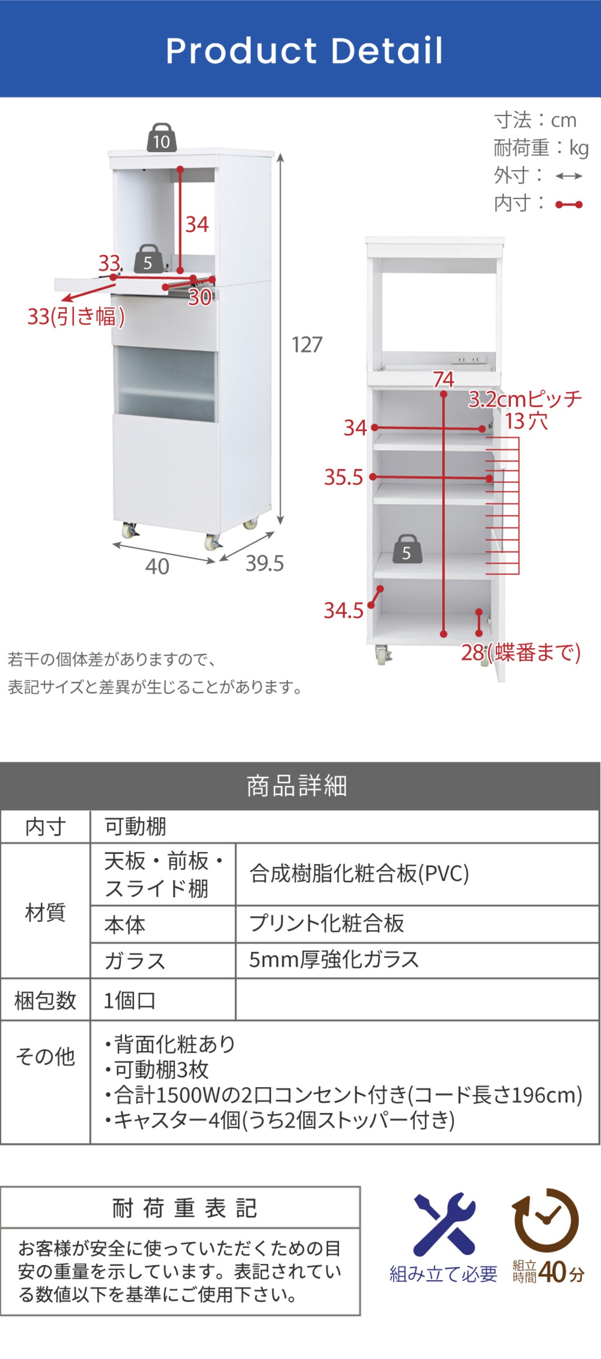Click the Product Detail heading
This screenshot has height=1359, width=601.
tap(304, 51)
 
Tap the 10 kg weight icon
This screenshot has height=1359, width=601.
tap(162, 138)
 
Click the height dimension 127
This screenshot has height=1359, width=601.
tap(307, 344)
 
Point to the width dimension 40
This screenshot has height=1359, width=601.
tap(157, 567)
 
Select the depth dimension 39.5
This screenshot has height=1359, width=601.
tap(265, 563)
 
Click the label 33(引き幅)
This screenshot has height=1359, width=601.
tap(76, 317)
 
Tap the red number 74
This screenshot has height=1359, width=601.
tap(443, 379)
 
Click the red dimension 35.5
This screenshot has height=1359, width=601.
tap(343, 477)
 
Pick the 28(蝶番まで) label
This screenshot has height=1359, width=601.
tap(521, 652)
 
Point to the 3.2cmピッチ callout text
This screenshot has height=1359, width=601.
tap(525, 399)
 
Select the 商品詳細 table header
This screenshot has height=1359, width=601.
tap(297, 786)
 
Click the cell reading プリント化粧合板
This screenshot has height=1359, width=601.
tap(327, 923)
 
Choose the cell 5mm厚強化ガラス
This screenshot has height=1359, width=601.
tap(334, 960)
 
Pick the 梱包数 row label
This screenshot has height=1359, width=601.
tap(46, 1000)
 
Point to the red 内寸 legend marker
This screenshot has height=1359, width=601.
tap(569, 205)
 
